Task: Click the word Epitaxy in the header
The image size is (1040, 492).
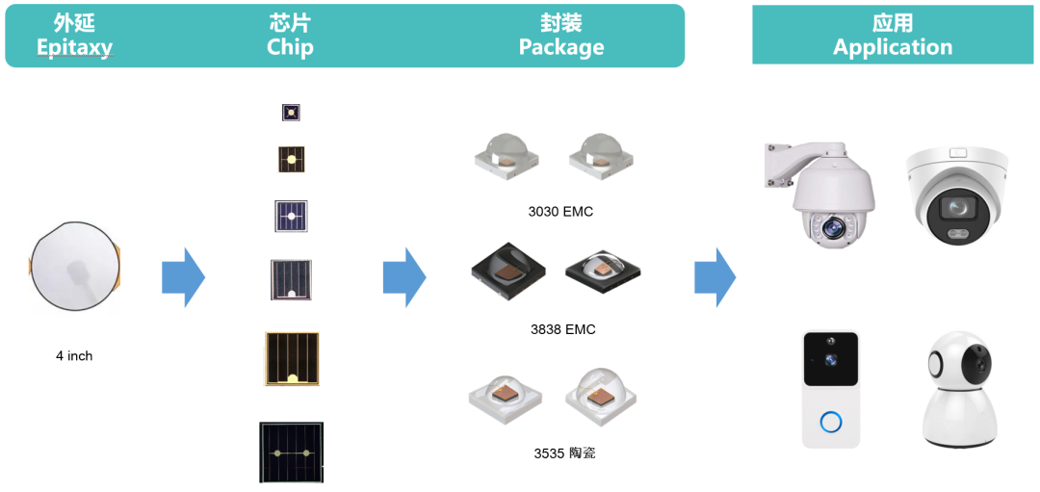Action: (x=74, y=46)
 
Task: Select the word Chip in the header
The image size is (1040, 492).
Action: (x=290, y=46)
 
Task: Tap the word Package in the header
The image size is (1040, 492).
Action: (x=561, y=46)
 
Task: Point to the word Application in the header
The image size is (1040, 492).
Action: (x=893, y=46)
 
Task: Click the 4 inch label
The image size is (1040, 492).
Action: (x=74, y=356)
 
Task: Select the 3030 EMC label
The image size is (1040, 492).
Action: (x=560, y=212)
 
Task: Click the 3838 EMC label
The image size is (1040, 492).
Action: (x=562, y=329)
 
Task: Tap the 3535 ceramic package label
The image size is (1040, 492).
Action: (x=564, y=453)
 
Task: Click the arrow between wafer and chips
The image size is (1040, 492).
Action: (x=184, y=277)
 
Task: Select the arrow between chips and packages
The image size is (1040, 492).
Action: (x=404, y=277)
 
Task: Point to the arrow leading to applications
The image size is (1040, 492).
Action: (x=715, y=277)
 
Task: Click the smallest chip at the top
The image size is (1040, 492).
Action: (x=291, y=113)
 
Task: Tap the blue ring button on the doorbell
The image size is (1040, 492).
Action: (x=830, y=422)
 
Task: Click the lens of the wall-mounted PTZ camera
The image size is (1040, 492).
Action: (x=830, y=229)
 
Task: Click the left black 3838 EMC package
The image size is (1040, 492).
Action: (x=508, y=270)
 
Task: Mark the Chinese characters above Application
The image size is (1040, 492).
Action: (x=893, y=23)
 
